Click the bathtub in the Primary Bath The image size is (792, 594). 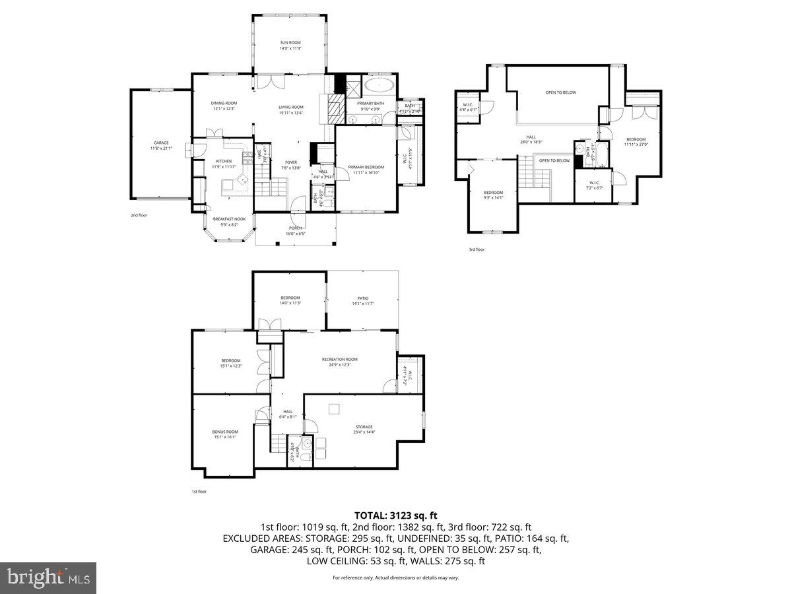coord(379,85)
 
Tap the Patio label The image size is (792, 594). coord(363,301)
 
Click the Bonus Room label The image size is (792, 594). coord(224,434)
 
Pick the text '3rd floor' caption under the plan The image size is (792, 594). coord(476,249)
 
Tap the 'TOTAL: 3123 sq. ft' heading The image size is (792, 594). coord(396,515)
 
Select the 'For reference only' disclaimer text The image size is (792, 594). coord(395,577)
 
